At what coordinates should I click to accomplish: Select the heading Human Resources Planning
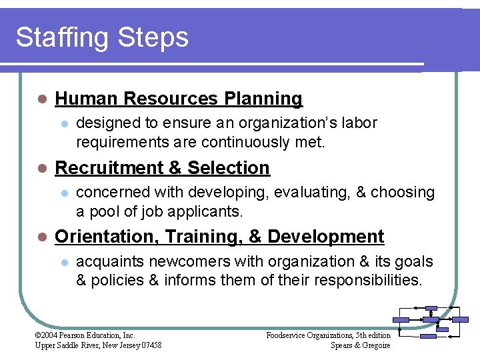pyautogui.click(x=179, y=99)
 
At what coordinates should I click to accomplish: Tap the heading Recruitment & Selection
pyautogui.click(x=162, y=168)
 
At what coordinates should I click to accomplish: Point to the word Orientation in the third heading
pyautogui.click(x=107, y=237)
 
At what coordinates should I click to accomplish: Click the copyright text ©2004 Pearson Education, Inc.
pyautogui.click(x=85, y=335)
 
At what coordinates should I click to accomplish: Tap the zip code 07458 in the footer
pyautogui.click(x=151, y=345)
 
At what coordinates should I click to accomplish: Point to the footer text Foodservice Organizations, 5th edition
pyautogui.click(x=328, y=335)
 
